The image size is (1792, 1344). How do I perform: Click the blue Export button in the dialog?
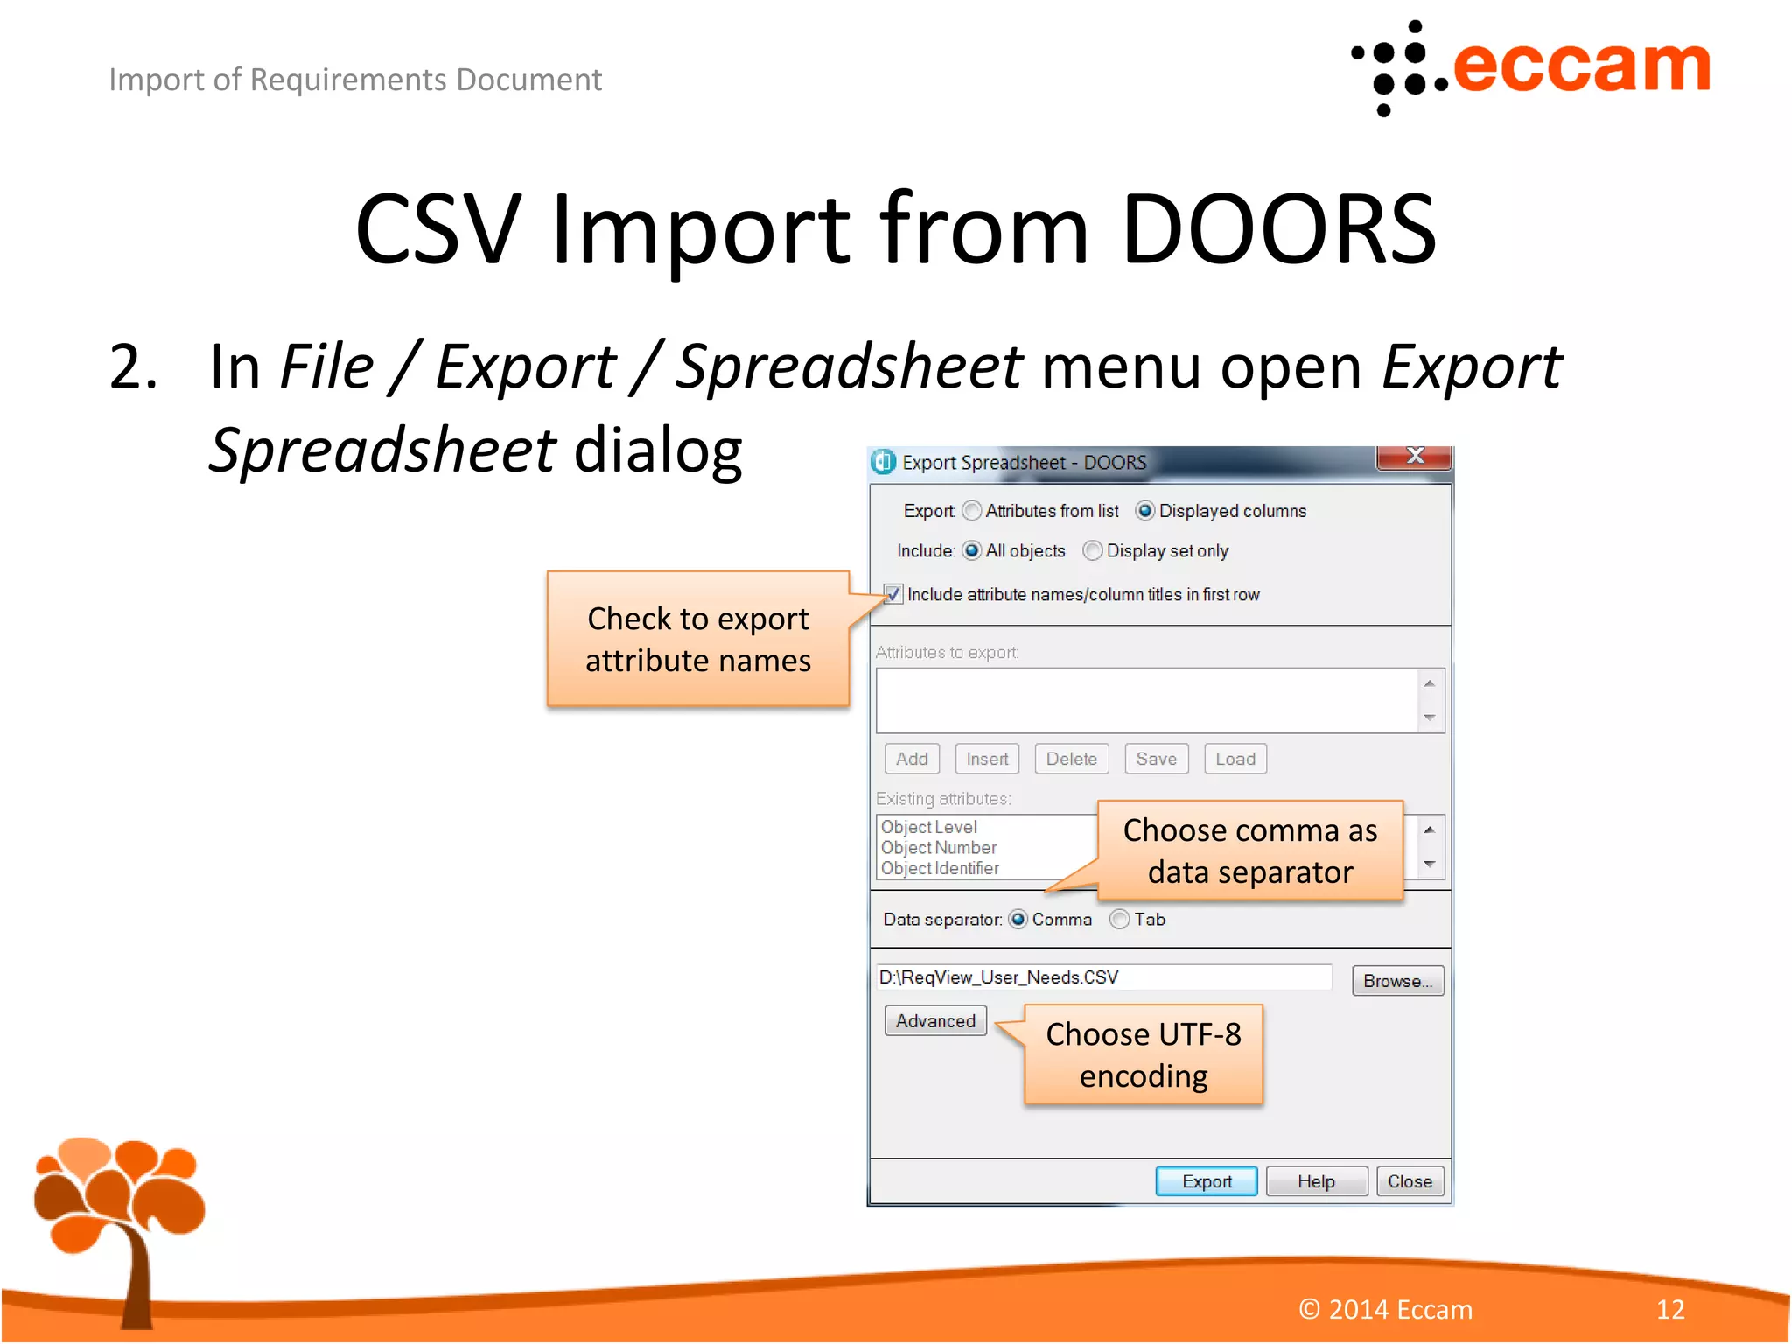pyautogui.click(x=1206, y=1181)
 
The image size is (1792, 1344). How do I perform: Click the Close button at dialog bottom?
pyautogui.click(x=1409, y=1181)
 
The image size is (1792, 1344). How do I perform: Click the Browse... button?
pyautogui.click(x=1396, y=981)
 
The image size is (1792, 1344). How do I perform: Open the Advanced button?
pyautogui.click(x=934, y=1021)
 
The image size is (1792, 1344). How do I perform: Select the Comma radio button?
pyautogui.click(x=1018, y=920)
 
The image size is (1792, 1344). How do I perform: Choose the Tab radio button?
pyautogui.click(x=1119, y=920)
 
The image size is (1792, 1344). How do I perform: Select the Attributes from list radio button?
pyautogui.click(x=971, y=511)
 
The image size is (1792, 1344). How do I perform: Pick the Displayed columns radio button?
pyautogui.click(x=1144, y=511)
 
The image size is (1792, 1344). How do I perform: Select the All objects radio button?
pyautogui.click(x=971, y=551)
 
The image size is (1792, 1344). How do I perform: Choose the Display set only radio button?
pyautogui.click(x=1092, y=551)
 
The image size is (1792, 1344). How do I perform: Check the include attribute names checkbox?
pyautogui.click(x=892, y=595)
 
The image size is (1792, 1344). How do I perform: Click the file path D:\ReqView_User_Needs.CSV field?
pyautogui.click(x=1102, y=977)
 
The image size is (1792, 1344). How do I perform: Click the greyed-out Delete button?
pyautogui.click(x=1071, y=759)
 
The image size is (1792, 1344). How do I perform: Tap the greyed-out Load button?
pyautogui.click(x=1235, y=759)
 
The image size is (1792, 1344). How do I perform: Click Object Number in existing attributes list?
pyautogui.click(x=938, y=848)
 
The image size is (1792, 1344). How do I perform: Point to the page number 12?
pyautogui.click(x=1669, y=1309)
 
